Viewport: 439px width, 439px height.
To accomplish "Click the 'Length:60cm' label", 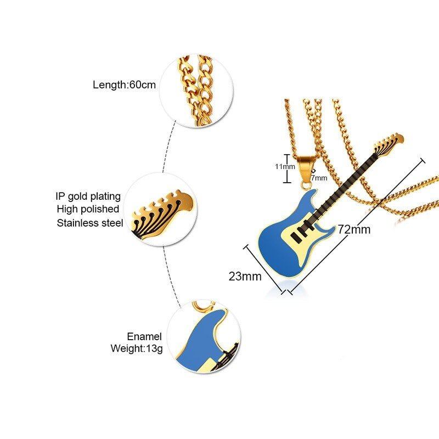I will coord(125,85).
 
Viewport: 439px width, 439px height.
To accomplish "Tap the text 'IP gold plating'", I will coord(87,196).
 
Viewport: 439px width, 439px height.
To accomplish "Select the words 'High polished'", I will coord(88,209).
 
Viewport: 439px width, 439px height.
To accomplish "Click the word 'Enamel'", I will coord(145,336).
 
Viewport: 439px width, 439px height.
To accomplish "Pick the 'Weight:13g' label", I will coord(137,348).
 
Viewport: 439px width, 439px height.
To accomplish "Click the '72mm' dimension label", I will coord(354,229).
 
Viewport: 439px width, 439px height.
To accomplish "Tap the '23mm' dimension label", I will coord(245,276).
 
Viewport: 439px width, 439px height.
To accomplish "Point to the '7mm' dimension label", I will coord(318,178).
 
